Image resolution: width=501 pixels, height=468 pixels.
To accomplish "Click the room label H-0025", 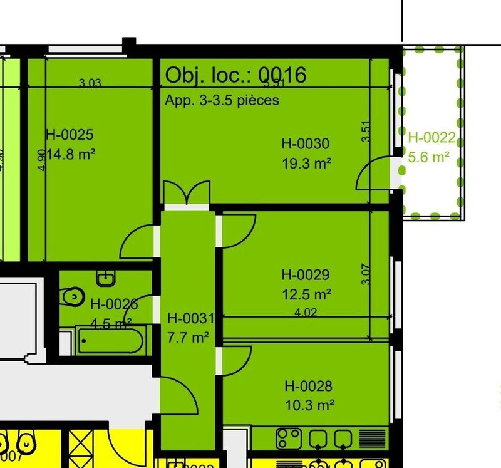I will click(70, 134).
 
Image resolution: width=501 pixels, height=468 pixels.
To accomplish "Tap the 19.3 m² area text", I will click(306, 163).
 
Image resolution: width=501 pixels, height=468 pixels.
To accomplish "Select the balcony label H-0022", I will click(431, 138).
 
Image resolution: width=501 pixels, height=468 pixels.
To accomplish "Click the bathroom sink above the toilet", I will click(104, 276).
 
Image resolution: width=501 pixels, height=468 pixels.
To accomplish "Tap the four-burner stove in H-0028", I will click(289, 437).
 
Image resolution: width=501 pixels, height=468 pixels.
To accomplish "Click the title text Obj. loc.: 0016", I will click(235, 75).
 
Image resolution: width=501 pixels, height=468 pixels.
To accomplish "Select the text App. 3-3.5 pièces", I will click(222, 100).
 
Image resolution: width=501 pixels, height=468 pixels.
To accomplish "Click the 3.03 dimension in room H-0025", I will click(90, 82).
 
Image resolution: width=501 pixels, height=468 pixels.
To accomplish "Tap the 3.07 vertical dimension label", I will click(366, 274).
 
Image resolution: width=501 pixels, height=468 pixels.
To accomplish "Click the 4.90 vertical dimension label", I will click(41, 160).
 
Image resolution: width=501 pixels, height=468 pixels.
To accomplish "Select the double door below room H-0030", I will click(185, 193).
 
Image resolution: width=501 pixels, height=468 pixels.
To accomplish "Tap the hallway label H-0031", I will click(190, 319).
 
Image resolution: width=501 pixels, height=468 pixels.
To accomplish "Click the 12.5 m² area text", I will click(306, 293).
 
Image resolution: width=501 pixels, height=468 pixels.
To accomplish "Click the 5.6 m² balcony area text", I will click(429, 157).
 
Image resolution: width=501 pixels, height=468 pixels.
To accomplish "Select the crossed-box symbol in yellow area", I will click(82, 447).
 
